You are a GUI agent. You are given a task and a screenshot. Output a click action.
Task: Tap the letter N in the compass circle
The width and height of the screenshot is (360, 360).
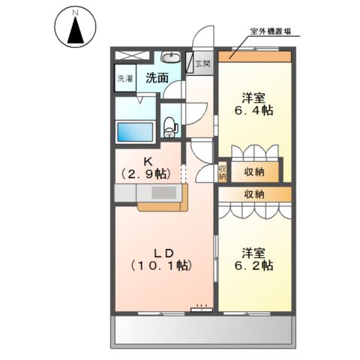click(75, 13)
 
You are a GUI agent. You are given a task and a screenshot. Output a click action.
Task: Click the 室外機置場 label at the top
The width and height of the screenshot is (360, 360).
click(271, 31)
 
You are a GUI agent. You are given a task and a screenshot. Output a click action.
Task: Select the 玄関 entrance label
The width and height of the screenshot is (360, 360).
click(203, 64)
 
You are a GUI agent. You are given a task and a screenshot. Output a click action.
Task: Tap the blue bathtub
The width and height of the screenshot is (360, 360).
click(135, 130)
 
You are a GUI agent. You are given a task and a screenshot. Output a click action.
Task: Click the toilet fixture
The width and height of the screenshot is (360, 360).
click(170, 124)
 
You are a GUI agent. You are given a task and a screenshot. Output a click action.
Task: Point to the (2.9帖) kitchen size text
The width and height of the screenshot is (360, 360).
click(148, 174)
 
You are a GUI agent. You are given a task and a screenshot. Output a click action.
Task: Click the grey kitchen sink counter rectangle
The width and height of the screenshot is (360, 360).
click(161, 193)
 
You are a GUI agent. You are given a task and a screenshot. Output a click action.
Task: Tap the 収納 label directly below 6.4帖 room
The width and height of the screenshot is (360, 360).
click(254, 172)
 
